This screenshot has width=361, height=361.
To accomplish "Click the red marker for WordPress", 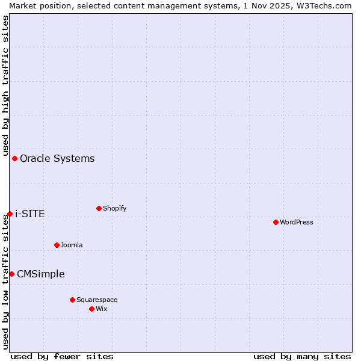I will pos(276,222).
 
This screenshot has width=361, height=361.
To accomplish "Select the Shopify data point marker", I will pos(99,208).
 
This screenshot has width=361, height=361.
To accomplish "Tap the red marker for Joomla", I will pos(57,245).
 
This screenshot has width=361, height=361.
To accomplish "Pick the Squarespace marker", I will pos(72,300).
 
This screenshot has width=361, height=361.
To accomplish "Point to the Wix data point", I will pos(91,309).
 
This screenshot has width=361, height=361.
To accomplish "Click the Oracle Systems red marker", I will pos(14,158).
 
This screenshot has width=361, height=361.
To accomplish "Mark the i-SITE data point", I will pos(10,214).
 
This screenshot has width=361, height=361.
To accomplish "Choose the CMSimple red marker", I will pos(11,274).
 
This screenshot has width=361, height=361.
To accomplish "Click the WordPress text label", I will pos(297,222).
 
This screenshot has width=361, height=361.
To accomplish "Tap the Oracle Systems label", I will pos(57,158).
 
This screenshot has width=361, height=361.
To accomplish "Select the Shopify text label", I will pos(114,208).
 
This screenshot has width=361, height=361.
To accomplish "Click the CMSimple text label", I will pos(40,274).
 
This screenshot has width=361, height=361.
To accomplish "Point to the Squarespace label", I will pos(97,300).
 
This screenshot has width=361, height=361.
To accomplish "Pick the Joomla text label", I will pos(72,245).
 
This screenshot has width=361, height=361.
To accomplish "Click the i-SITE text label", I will pos(29,214).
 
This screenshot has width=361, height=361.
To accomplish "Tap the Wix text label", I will pos(101,309).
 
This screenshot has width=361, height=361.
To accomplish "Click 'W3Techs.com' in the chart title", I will pos(327,5).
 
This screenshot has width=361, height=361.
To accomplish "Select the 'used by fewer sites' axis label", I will pos(62,356).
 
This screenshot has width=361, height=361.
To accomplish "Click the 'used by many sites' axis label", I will pos(302,356).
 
